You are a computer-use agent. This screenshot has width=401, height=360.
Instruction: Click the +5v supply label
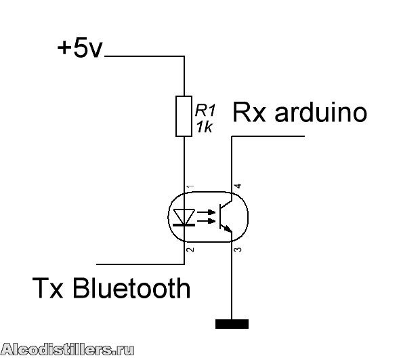[79, 48]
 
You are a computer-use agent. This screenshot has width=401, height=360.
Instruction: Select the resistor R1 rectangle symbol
[184, 116]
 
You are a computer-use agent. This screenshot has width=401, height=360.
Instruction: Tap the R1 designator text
[205, 111]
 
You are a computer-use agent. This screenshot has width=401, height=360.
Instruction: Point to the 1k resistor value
[204, 127]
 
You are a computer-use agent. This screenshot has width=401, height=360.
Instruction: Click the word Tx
[48, 287]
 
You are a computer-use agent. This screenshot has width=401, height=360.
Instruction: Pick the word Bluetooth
[131, 287]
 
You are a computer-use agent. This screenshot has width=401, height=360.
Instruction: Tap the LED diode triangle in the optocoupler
[184, 216]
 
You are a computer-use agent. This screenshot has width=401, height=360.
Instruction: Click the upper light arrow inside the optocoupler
[207, 212]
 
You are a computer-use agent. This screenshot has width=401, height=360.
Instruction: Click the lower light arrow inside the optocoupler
[207, 221]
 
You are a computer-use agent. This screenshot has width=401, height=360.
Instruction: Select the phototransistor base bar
[221, 216]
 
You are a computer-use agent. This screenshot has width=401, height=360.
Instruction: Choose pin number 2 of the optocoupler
[190, 249]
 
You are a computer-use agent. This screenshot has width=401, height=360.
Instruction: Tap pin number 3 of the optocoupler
[238, 249]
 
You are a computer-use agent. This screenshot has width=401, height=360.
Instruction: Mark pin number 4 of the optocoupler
[238, 186]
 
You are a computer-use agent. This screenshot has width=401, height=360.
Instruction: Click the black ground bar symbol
[232, 324]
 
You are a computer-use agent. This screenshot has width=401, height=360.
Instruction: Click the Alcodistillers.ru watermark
[68, 350]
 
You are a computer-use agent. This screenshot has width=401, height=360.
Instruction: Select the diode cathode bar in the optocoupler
[184, 225]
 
